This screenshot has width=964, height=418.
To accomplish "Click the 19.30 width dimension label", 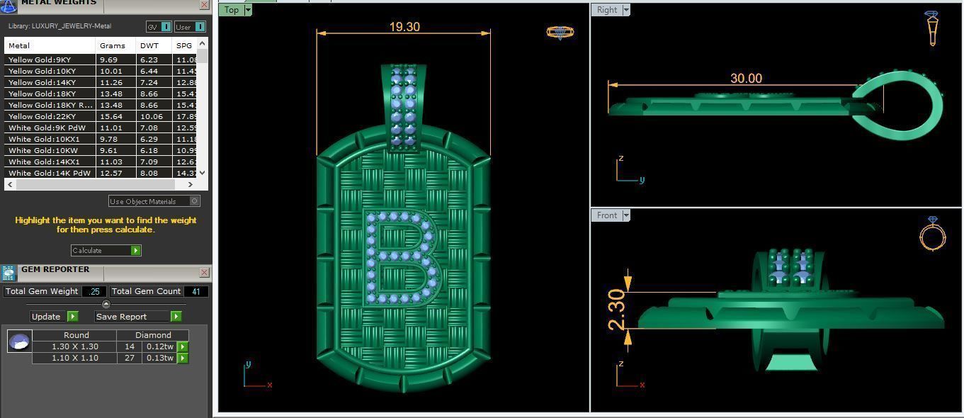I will coord(404,27).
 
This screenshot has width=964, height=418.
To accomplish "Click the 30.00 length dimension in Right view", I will coord(746,79).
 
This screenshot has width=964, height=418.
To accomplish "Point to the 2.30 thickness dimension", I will coord(617,310).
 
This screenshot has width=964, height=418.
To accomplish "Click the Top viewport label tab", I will coord(231,10).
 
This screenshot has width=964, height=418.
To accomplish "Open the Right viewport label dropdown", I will coord(626,10).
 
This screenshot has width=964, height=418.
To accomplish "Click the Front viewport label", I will coord(607,215).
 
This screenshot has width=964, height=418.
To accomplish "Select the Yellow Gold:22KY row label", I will coord(42,116).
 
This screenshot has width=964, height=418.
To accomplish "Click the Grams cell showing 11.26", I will coord(111,82).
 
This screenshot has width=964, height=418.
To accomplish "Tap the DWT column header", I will coord(149,45).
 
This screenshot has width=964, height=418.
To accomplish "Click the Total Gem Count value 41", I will coord(196,291).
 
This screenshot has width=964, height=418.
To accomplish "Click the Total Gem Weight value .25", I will coord(94,291).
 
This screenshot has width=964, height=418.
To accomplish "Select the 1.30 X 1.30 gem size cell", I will coord(75,346).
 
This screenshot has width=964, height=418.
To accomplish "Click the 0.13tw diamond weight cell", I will coord(160,358).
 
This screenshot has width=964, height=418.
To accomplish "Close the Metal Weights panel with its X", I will coord(204,5).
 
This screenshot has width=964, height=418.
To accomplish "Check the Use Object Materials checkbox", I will coord(195,201).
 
